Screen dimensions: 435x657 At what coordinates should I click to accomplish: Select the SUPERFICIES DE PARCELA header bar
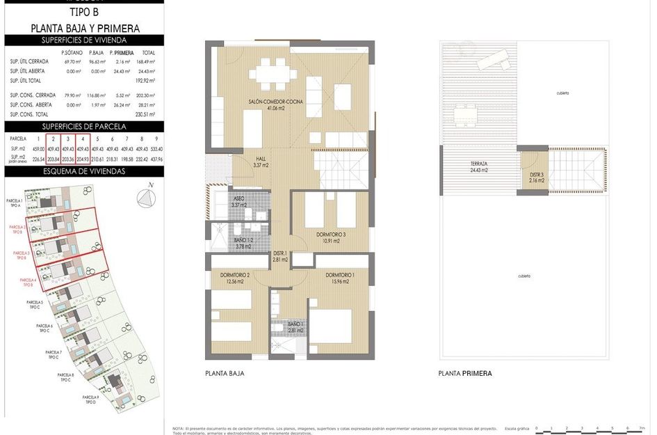coord(84,126)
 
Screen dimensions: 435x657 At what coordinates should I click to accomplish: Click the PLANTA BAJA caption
coord(225,374)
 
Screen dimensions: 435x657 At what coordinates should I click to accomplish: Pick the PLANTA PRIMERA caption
coord(464,374)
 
